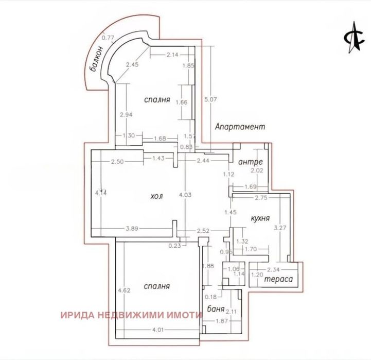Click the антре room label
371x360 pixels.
click(x=251, y=163)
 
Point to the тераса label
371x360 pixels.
click(x=278, y=280)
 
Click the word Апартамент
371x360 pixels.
click(x=240, y=127)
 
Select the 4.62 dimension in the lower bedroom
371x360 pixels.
click(x=123, y=290)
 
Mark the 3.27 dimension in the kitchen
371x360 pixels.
click(x=279, y=227)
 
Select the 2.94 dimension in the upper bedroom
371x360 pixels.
click(x=126, y=115)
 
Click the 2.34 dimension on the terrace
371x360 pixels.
click(x=273, y=268)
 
